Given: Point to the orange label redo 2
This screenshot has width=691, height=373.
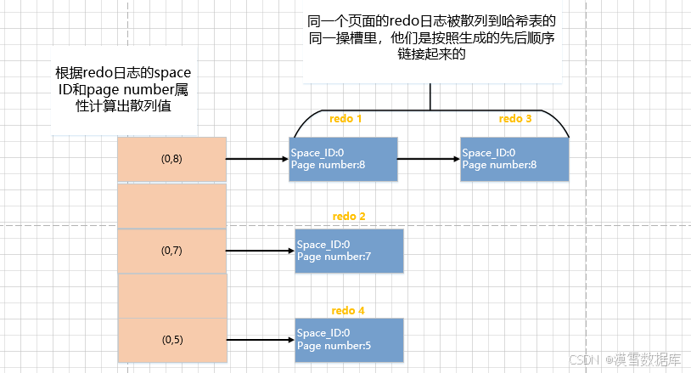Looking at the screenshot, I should (x=349, y=217).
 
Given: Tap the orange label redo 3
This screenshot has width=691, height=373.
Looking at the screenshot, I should (x=515, y=119).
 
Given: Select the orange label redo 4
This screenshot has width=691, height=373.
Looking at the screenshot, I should (x=348, y=310).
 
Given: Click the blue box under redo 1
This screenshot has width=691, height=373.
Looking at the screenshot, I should (x=343, y=159).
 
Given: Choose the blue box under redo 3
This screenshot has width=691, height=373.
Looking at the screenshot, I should (x=514, y=159).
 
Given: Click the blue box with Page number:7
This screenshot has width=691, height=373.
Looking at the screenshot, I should (x=348, y=251).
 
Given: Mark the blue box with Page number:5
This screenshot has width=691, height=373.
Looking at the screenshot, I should (x=348, y=340).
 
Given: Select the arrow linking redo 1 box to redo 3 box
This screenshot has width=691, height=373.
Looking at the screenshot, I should (x=429, y=159).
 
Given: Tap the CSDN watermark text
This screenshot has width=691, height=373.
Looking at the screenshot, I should (x=584, y=359).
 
